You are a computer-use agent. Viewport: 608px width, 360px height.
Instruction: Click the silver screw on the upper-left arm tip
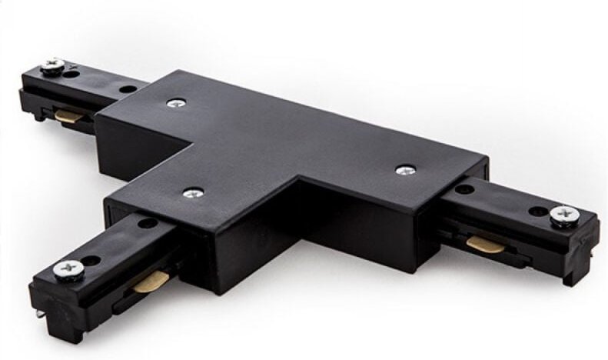[54, 67]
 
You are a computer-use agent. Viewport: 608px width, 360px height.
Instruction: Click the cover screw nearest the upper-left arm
[178, 101]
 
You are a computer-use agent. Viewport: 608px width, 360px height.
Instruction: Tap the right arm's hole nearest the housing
[464, 188]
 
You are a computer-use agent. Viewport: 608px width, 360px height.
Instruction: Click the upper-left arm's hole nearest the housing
[128, 89]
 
